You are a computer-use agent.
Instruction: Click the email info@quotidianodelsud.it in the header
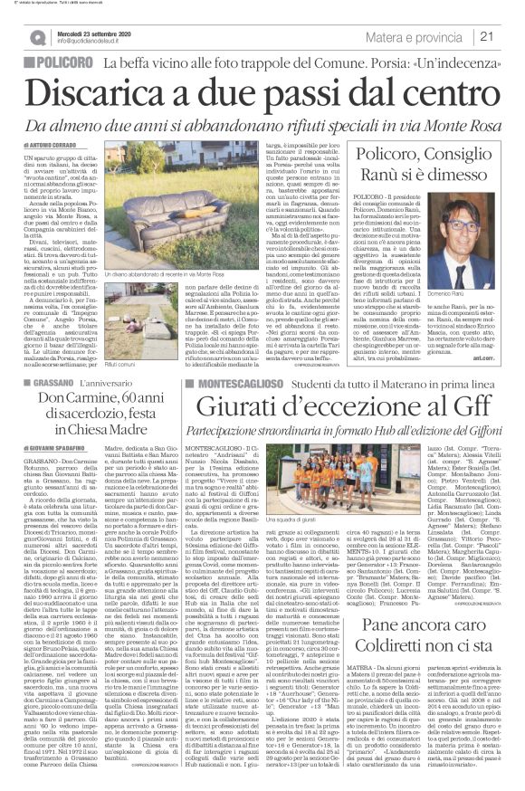tap(86, 41)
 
